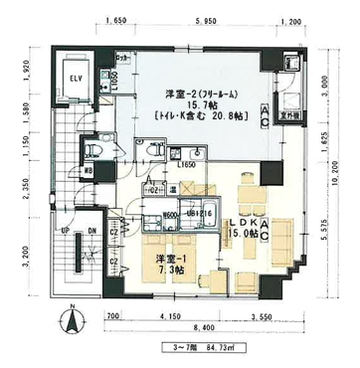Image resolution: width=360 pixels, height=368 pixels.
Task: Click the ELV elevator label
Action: tap(76, 77)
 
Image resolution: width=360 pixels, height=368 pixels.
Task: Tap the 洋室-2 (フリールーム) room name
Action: tap(201, 94)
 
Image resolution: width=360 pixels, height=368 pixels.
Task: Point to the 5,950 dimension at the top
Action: tap(206, 20)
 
